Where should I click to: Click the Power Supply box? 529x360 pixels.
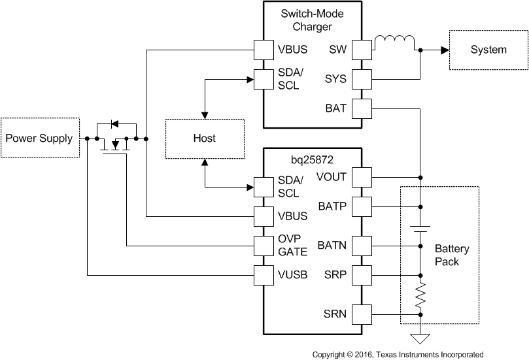coord(40,138)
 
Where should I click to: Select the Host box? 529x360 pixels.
coord(204,139)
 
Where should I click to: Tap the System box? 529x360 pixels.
coord(488,50)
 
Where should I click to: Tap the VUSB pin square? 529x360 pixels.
coord(264,276)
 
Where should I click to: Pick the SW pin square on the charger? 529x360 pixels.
coord(362,50)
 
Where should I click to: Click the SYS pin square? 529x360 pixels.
coord(362,80)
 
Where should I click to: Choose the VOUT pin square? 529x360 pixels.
coord(362,176)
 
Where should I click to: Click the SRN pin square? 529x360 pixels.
coord(362,315)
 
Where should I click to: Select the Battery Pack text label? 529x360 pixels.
coord(451,255)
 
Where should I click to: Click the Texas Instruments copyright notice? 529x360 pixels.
coord(398,354)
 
